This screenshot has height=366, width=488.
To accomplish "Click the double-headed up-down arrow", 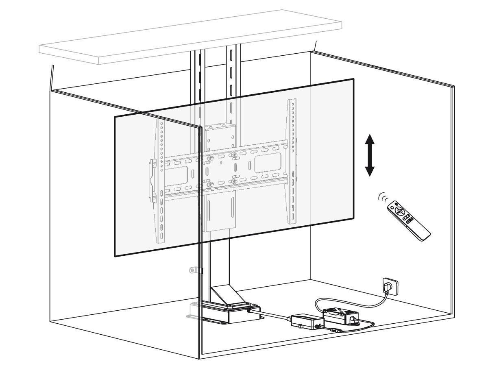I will pyautogui.click(x=369, y=156).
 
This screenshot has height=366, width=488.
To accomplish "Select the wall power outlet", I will pyautogui.click(x=388, y=284).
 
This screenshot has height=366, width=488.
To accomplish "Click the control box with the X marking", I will pyautogui.click(x=342, y=314).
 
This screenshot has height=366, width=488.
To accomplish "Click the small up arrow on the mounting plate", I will pyautogui.click(x=221, y=163).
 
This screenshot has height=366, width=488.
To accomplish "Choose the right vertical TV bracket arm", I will pyautogui.click(x=292, y=163).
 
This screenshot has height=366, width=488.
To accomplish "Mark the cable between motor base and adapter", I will pyautogui.click(x=272, y=314).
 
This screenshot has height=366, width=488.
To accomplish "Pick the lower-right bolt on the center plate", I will pyautogui.click(x=235, y=181).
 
